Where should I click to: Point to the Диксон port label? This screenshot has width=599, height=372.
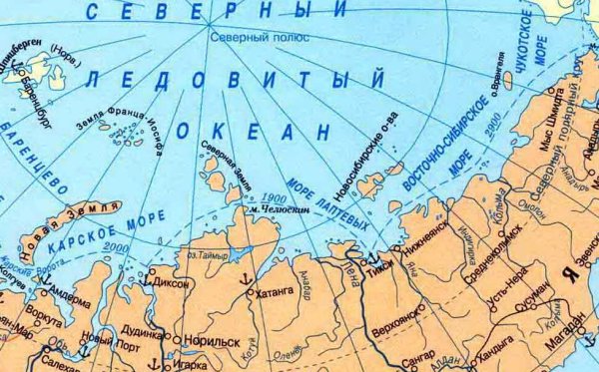pos(176,282)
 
